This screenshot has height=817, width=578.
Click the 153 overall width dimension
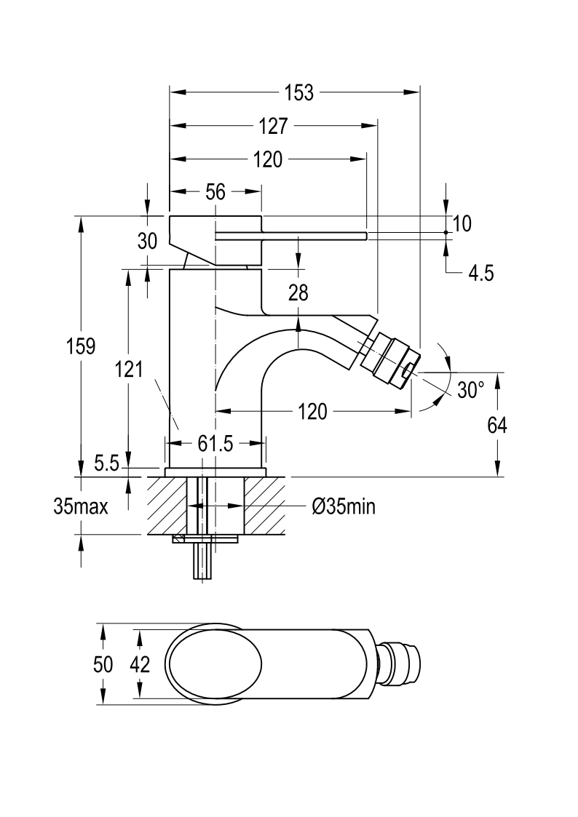pos(298,92)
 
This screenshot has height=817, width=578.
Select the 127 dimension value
pos(273,126)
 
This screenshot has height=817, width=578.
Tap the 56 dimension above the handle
pos(215,192)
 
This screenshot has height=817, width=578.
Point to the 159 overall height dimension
pos(81,346)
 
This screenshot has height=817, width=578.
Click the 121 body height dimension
pos(129,370)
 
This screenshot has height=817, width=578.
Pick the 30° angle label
pos(471,390)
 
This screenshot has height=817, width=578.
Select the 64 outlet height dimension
pos(496,426)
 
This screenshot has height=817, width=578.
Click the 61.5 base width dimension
pos(215,444)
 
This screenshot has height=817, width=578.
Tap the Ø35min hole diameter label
pos(344,506)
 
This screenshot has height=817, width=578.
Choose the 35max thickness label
pos(81,506)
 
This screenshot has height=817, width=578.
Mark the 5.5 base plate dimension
pos(107,463)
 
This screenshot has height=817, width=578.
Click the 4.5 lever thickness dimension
pos(480,273)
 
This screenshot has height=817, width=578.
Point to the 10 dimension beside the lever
pos(462,223)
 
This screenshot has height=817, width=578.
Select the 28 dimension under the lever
pos(298,293)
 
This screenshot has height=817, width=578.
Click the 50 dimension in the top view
pos(103,664)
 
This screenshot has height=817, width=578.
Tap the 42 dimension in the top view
pos(140,664)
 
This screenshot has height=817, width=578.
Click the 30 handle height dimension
pos(148,242)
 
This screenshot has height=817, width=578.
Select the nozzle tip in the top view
pos(402,664)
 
